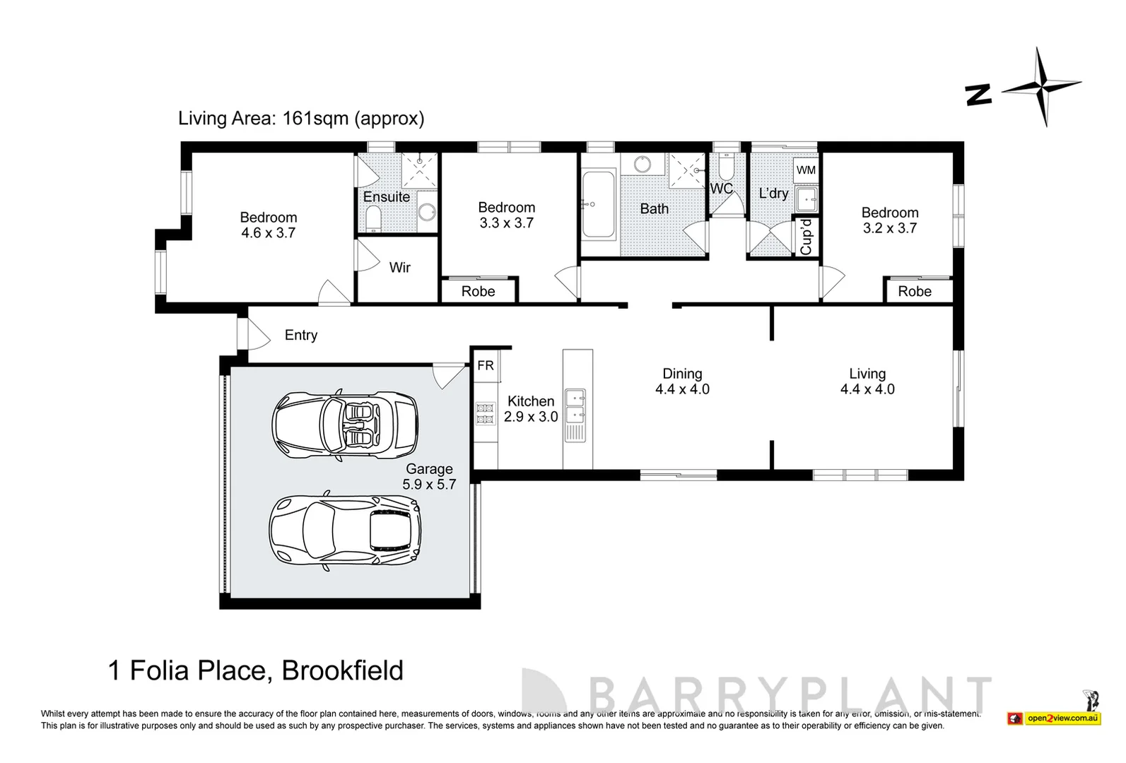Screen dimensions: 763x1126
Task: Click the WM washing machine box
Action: (806, 170)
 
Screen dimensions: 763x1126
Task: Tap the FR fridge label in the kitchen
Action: (486, 365)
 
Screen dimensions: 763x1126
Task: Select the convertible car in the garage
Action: (344, 424)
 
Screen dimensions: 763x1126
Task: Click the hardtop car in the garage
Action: (345, 528)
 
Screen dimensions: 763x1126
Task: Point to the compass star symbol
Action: (1042, 86)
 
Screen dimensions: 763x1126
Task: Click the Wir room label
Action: (399, 268)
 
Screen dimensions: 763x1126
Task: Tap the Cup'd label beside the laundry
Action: (806, 237)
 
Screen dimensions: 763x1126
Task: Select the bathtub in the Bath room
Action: (600, 204)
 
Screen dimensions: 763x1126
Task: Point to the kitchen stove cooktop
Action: (485, 413)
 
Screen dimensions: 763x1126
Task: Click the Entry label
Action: (301, 336)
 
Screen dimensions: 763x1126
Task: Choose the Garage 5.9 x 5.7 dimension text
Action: (429, 485)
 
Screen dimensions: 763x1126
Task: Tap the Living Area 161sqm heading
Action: (301, 118)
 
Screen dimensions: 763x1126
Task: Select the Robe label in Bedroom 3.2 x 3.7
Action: (915, 291)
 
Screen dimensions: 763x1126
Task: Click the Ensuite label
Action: (387, 197)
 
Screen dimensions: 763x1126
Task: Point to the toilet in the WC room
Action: (725, 169)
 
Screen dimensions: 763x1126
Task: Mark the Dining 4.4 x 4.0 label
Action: (682, 381)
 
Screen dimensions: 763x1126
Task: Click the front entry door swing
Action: (256, 334)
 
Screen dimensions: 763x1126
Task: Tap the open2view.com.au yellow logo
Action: (1062, 718)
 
